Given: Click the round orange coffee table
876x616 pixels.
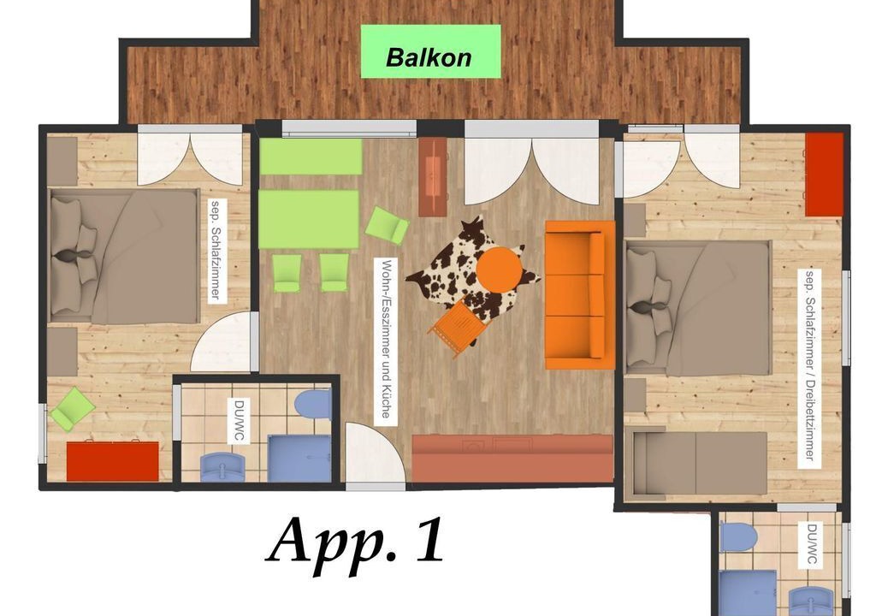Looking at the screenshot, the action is click(x=499, y=269).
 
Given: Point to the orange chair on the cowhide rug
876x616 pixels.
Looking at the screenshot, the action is click(x=456, y=329).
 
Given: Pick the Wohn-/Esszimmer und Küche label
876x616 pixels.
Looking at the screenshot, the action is click(x=386, y=340).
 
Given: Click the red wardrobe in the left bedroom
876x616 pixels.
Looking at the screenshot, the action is click(x=113, y=460).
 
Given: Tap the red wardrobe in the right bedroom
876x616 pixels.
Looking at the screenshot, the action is click(x=824, y=175).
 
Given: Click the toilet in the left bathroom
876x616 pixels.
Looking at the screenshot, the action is click(x=313, y=405).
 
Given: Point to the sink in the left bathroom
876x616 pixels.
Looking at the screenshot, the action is click(x=223, y=467).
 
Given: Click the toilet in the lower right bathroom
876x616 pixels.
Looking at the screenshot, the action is click(x=737, y=536).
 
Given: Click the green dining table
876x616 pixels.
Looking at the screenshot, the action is click(x=308, y=219).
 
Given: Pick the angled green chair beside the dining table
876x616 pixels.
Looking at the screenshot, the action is click(x=387, y=225).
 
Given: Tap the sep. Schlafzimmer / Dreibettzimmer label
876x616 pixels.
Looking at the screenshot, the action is click(x=812, y=365).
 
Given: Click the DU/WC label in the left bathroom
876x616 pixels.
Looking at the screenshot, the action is click(x=240, y=420).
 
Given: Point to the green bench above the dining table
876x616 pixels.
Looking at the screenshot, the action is click(x=311, y=157).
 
